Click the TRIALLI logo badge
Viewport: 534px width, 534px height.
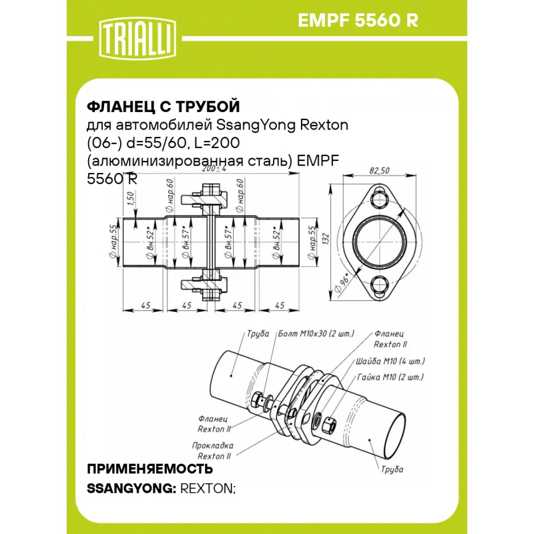[138, 39]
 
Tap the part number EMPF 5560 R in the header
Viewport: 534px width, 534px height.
[358, 21]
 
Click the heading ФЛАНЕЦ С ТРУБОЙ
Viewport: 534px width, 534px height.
[164, 107]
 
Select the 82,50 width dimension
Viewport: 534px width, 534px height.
[379, 170]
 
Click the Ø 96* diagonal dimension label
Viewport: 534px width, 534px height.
[342, 282]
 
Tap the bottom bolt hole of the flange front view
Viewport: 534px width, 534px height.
[379, 285]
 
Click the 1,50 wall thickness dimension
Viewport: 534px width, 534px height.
[131, 199]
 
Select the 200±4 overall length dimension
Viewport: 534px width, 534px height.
[214, 169]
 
